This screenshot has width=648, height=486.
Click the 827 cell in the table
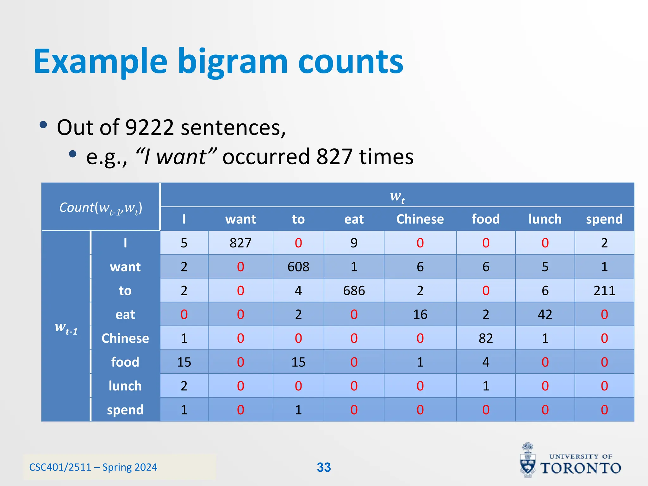pos(240,243)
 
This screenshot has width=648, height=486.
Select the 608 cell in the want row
pos(298,267)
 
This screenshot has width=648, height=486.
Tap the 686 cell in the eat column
pos(354,290)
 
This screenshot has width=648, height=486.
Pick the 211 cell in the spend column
pos(604,290)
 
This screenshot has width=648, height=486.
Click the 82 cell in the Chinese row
pos(486,338)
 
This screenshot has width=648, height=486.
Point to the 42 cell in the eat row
pos(545,315)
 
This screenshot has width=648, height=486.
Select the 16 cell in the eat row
pos(420,315)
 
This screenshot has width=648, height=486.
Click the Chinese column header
pos(420,219)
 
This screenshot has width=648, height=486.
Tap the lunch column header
pos(545,219)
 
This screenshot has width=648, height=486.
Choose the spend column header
pos(604,219)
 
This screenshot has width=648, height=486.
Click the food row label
pos(125,362)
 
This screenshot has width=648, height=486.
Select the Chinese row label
pos(125,338)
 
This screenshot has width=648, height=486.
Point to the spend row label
pos(125,410)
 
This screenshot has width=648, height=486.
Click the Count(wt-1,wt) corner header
pos(101,208)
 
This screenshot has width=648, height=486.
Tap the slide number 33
pos(324,467)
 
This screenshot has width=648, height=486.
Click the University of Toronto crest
pos(528,461)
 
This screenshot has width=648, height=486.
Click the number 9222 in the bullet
pos(149,128)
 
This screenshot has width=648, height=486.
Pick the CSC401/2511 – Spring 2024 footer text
pos(93,467)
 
